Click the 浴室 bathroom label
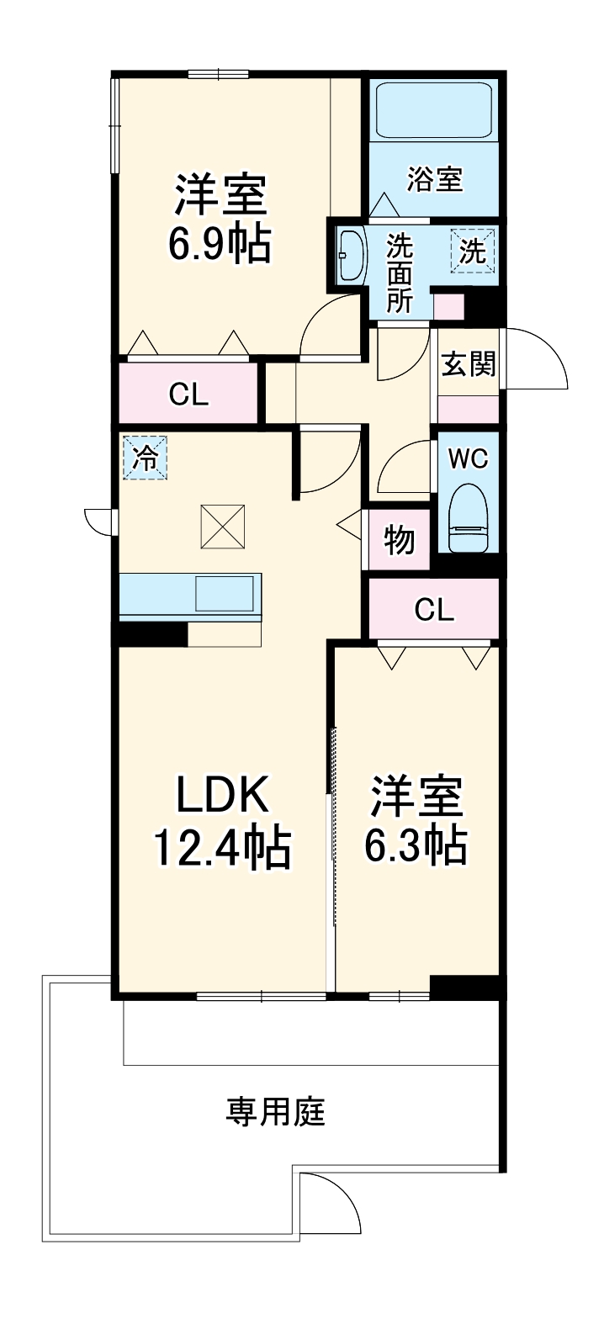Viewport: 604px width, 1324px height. (434, 179)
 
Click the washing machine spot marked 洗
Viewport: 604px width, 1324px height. (473, 251)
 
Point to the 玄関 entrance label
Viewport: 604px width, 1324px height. (469, 364)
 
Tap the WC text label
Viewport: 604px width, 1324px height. (468, 458)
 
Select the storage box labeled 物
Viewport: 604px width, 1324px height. (400, 541)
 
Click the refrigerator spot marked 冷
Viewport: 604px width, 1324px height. (146, 458)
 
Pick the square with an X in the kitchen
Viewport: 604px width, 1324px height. (222, 526)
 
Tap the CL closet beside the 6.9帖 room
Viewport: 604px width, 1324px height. (188, 394)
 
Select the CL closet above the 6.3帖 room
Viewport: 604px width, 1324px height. (434, 610)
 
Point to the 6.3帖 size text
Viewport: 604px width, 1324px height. (416, 845)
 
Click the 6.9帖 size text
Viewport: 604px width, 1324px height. (220, 242)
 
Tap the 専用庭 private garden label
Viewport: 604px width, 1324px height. (274, 1113)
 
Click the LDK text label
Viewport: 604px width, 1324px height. (221, 793)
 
